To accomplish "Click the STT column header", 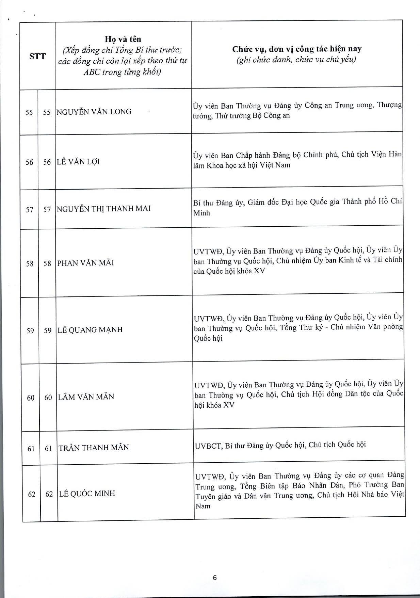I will click(37, 56).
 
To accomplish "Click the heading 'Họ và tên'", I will click(123, 39).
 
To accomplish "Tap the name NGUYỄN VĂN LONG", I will click(94, 112).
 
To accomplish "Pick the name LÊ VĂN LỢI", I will click(78, 162).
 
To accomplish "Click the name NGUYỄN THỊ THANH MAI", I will click(103, 209).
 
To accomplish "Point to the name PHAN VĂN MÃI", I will click(85, 263).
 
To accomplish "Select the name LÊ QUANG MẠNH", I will click(90, 330).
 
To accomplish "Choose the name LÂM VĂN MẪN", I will click(86, 397).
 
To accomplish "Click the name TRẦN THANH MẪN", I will click(94, 448).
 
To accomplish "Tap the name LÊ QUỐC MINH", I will click(87, 494).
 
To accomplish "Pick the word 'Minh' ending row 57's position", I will click(202, 213).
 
